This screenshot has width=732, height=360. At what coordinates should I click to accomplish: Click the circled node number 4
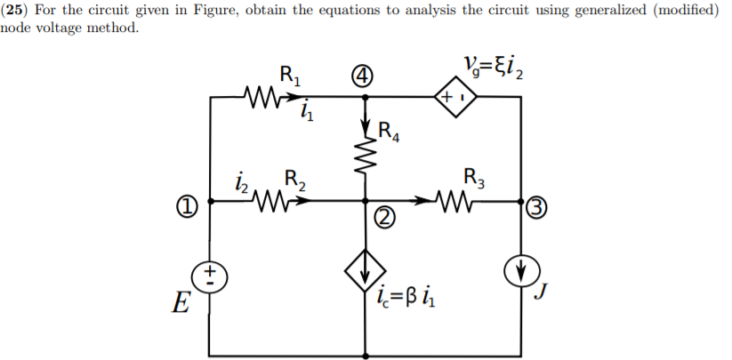click(x=363, y=77)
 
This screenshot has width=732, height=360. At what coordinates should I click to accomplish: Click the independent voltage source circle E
click(x=209, y=275)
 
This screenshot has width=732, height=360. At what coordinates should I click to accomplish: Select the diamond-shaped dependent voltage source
click(x=454, y=93)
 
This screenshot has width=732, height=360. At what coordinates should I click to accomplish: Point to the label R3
click(x=476, y=177)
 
